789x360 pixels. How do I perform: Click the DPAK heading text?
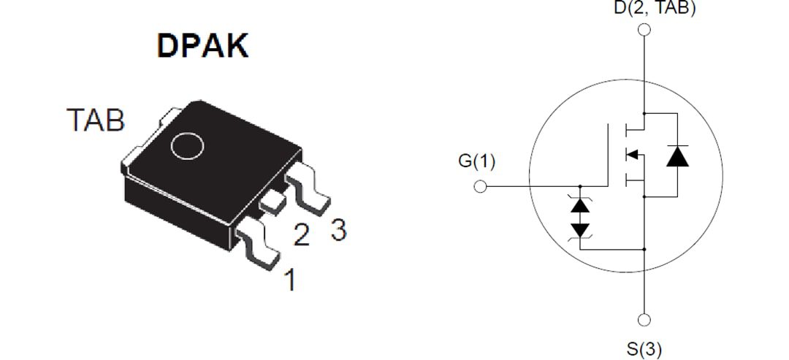[202, 46]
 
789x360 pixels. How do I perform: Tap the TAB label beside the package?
[96, 120]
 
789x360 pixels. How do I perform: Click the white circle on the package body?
[186, 145]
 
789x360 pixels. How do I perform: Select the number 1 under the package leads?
[290, 280]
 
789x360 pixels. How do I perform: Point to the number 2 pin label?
[301, 234]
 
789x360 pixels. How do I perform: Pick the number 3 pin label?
[338, 230]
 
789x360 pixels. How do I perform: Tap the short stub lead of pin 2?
[272, 202]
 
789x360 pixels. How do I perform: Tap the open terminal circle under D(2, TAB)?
[644, 30]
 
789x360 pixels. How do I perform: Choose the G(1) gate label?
[476, 161]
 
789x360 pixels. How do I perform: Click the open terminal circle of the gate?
[480, 186]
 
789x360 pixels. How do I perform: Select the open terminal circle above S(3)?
[644, 320]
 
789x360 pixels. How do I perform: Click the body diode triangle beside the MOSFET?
[678, 156]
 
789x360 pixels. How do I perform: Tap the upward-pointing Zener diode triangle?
[581, 205]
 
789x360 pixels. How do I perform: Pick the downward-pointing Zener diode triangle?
[581, 229]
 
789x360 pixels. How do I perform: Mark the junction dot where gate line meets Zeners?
[581, 186]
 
